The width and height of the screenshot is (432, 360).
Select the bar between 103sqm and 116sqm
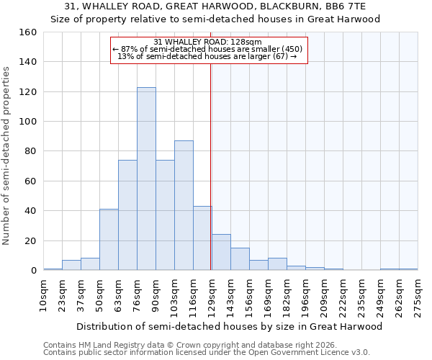tap(184, 205)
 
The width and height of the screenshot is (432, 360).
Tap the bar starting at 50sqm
tap(109, 240)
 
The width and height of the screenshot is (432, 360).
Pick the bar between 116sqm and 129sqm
tap(202, 238)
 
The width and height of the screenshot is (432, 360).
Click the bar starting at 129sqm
tap(221, 252)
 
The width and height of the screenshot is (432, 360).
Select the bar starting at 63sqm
tap(127, 215)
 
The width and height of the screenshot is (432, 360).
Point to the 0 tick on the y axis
tap(33, 271)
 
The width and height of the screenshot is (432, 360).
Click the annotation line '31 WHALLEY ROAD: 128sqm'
tap(208, 42)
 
